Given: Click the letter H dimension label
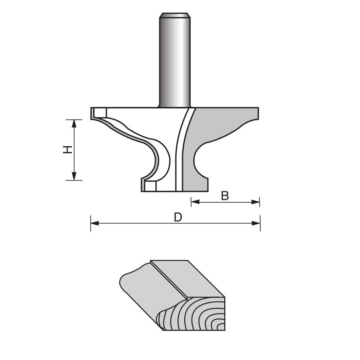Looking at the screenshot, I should pos(67,150).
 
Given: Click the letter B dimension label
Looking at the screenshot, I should pos(225,195).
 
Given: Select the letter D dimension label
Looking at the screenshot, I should pos(178,217).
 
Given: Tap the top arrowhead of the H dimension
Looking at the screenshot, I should pos(75,123).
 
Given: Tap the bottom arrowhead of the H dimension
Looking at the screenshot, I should pos(75,176).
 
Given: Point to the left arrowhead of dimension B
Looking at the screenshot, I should pos(194,202).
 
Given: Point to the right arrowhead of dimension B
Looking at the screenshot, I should pos(256,202).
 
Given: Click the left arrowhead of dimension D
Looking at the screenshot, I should pos(94,223).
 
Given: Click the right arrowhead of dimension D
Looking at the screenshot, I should pos(256,223).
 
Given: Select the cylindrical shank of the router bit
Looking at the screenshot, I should pos(175,61).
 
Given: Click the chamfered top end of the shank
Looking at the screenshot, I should pos(175,15).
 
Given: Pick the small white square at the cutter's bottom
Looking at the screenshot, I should pos(151,186).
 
